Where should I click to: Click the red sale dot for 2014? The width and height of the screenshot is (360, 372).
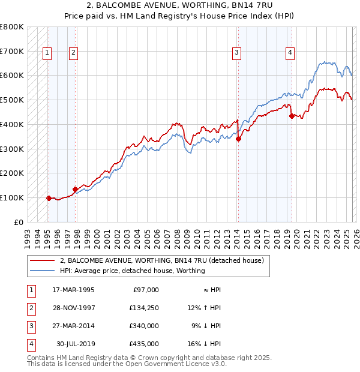point(238,139)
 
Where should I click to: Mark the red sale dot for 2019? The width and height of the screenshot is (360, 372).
point(292,116)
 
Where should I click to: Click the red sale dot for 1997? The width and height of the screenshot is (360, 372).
point(75,189)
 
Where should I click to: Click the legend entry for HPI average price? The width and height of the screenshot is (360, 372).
point(132,271)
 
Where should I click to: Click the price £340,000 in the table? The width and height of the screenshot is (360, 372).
point(145,326)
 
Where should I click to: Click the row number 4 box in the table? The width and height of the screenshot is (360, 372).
point(31,344)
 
